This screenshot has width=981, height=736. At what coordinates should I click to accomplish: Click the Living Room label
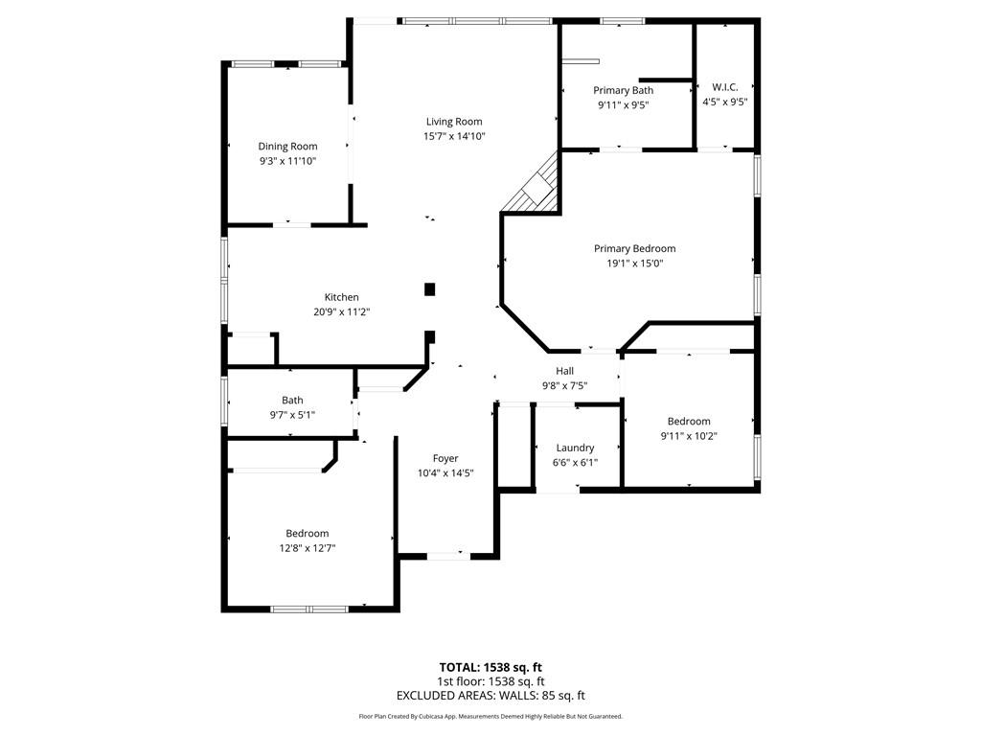click(454, 122)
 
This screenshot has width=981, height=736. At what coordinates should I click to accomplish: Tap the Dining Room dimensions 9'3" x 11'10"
click(287, 161)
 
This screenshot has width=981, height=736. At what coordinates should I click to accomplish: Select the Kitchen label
click(341, 297)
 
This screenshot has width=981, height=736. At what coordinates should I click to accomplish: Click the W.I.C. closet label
click(724, 87)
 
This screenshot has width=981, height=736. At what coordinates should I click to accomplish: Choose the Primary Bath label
click(623, 90)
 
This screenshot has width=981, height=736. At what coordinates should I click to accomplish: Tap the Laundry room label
click(575, 448)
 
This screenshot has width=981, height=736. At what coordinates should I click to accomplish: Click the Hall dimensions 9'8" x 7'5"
click(564, 385)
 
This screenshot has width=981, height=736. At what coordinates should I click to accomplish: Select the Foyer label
click(445, 459)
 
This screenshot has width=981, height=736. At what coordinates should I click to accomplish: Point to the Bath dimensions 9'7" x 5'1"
click(292, 414)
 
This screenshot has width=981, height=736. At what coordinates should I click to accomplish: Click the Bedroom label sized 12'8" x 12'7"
click(307, 534)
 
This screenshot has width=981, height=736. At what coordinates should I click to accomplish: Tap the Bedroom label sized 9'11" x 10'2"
click(689, 422)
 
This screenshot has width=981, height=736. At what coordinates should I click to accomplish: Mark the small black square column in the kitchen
click(430, 288)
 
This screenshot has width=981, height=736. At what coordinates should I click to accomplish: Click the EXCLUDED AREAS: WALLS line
click(490, 696)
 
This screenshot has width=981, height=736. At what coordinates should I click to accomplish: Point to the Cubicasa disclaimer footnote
click(490, 716)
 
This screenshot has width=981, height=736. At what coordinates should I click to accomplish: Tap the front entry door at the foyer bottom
click(447, 555)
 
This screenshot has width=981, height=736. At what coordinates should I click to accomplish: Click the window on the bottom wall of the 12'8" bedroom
click(308, 609)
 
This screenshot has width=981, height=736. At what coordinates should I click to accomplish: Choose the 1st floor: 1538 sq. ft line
click(490, 681)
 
